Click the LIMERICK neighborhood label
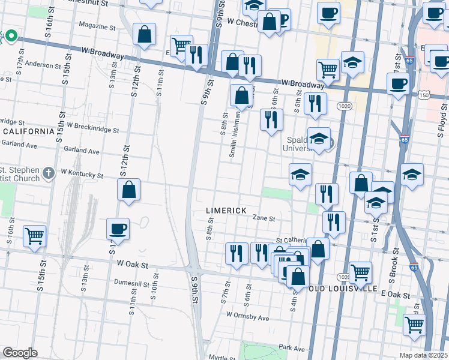coord(226,211)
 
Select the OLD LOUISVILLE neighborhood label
coord(342,288)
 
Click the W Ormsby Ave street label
coord(247,314)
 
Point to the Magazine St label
coord(97,27)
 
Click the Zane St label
coord(264,218)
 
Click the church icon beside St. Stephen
coord(49,173)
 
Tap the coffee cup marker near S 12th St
coord(118,229)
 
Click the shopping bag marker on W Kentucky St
coord(129,190)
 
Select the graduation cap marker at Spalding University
coord(319,139)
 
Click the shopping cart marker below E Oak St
coord(414,325)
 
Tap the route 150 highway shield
coord(424,95)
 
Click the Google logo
coord(20,353)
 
